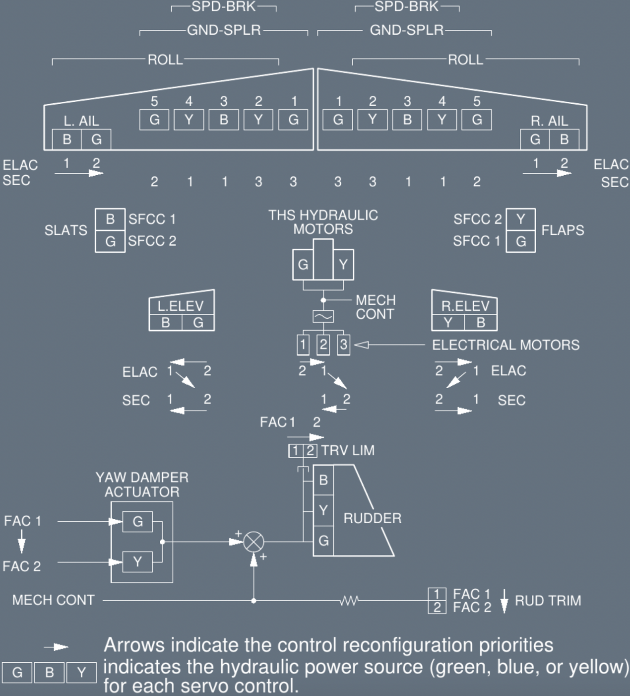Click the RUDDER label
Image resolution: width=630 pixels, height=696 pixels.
pyautogui.click(x=372, y=518)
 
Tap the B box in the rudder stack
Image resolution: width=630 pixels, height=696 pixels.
pyautogui.click(x=323, y=480)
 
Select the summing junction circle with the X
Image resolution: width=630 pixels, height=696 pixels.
pyautogui.click(x=253, y=542)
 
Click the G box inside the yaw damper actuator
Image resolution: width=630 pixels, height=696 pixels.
pyautogui.click(x=137, y=521)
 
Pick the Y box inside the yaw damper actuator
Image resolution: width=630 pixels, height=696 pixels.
pyautogui.click(x=137, y=562)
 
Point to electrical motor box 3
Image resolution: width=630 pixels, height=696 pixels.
pyautogui.click(x=343, y=345)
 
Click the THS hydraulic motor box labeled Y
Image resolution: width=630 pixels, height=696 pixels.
pyautogui.click(x=343, y=265)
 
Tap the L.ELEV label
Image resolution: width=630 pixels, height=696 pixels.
pyautogui.click(x=180, y=306)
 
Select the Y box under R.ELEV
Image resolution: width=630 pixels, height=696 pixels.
pyautogui.click(x=448, y=323)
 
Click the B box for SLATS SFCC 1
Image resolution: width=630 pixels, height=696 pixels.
pyautogui.click(x=110, y=219)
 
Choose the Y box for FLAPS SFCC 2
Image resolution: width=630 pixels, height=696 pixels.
pyautogui.click(x=520, y=219)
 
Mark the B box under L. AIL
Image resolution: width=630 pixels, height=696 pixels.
pyautogui.click(x=67, y=139)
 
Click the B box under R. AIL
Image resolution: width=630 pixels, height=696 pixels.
pyautogui.click(x=564, y=139)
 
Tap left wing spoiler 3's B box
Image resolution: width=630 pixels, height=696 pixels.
pyautogui.click(x=224, y=120)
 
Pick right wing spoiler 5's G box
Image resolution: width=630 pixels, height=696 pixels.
pyautogui.click(x=477, y=120)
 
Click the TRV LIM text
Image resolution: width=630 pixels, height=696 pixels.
pyautogui.click(x=348, y=451)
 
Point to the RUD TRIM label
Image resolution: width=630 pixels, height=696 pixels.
pyautogui.click(x=548, y=601)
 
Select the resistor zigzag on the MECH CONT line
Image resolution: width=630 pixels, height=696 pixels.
pyautogui.click(x=349, y=601)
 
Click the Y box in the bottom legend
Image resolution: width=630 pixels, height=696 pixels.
pyautogui.click(x=81, y=673)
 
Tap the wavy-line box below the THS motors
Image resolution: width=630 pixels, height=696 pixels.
pyautogui.click(x=323, y=316)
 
